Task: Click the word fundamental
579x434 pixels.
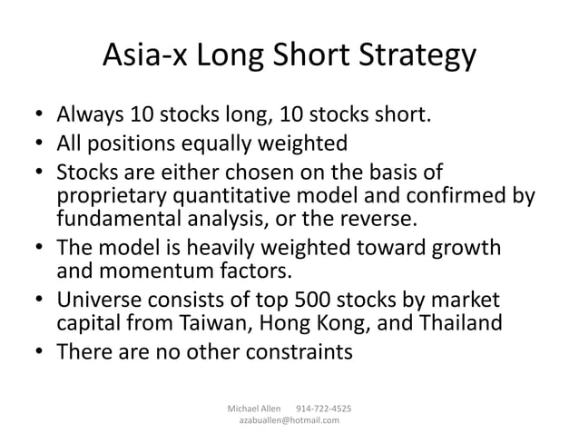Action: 121,220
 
